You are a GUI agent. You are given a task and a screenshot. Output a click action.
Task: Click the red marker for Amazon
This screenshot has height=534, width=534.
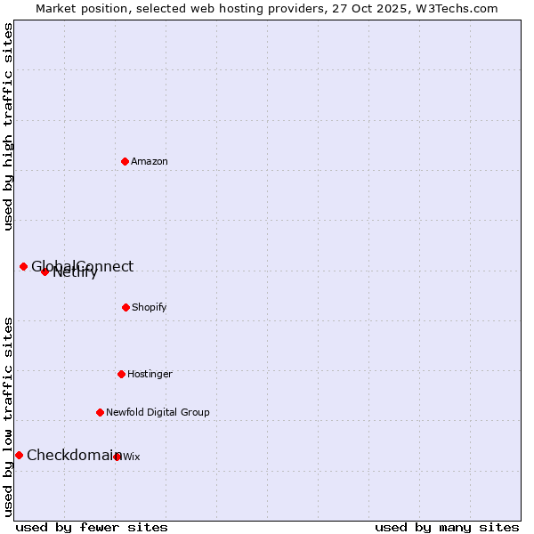click(125, 161)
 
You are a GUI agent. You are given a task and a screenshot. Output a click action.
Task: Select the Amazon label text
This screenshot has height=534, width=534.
click(150, 162)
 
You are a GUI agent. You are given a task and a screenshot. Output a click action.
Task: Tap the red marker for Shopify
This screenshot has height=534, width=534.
click(125, 307)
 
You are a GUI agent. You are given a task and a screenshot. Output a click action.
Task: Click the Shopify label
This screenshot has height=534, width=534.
click(150, 308)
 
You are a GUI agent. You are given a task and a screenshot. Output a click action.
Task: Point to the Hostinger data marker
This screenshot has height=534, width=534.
click(121, 374)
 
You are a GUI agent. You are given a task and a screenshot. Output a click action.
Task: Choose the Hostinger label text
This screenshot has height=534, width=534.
click(150, 375)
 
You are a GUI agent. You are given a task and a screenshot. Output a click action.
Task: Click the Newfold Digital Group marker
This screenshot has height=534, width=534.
click(100, 412)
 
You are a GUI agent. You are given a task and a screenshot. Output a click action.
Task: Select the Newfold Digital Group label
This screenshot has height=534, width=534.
click(158, 413)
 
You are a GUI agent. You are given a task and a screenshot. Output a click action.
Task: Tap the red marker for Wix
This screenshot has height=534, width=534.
click(117, 457)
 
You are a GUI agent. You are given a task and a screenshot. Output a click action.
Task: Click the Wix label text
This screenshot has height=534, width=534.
click(132, 457)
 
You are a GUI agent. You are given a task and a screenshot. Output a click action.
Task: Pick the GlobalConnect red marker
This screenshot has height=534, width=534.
click(23, 266)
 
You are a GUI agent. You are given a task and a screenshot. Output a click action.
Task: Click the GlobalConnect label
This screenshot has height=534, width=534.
click(83, 266)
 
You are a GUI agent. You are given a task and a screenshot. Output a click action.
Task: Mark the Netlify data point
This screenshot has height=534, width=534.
click(44, 271)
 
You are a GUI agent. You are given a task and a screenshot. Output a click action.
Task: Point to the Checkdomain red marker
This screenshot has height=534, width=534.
click(19, 455)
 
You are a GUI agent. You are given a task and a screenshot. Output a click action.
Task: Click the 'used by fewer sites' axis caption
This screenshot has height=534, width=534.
click(92, 527)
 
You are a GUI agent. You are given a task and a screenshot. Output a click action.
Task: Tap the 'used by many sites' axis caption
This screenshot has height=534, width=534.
click(447, 527)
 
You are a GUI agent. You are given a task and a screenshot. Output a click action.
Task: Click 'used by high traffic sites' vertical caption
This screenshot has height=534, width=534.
click(8, 126)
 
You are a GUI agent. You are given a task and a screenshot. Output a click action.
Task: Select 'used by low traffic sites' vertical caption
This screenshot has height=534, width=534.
click(8, 417)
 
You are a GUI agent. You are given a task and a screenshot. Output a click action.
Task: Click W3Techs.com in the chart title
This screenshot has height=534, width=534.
click(454, 8)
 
